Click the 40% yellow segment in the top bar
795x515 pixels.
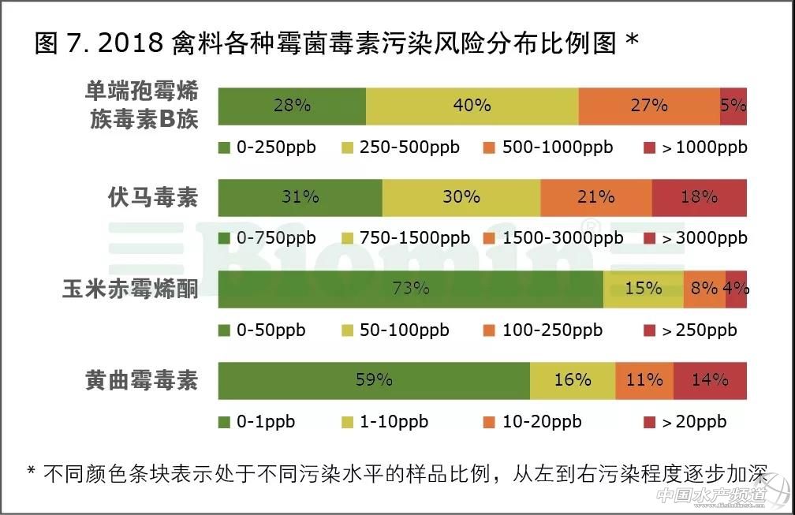[472, 106]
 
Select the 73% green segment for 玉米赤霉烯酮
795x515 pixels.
[410, 289]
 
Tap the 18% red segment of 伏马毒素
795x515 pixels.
[699, 197]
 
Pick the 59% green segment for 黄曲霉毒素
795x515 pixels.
[374, 380]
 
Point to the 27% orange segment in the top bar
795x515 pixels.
[648, 106]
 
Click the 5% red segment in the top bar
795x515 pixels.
[733, 106]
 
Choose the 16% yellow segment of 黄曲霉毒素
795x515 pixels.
[572, 380]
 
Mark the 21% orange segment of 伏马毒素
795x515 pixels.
[595, 197]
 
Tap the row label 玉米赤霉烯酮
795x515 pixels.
[130, 289]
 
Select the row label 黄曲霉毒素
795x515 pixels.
[142, 381]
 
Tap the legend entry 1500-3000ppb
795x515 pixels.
[552, 238]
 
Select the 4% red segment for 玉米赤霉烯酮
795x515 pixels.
[736, 289]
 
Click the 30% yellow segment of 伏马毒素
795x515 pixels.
[461, 197]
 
